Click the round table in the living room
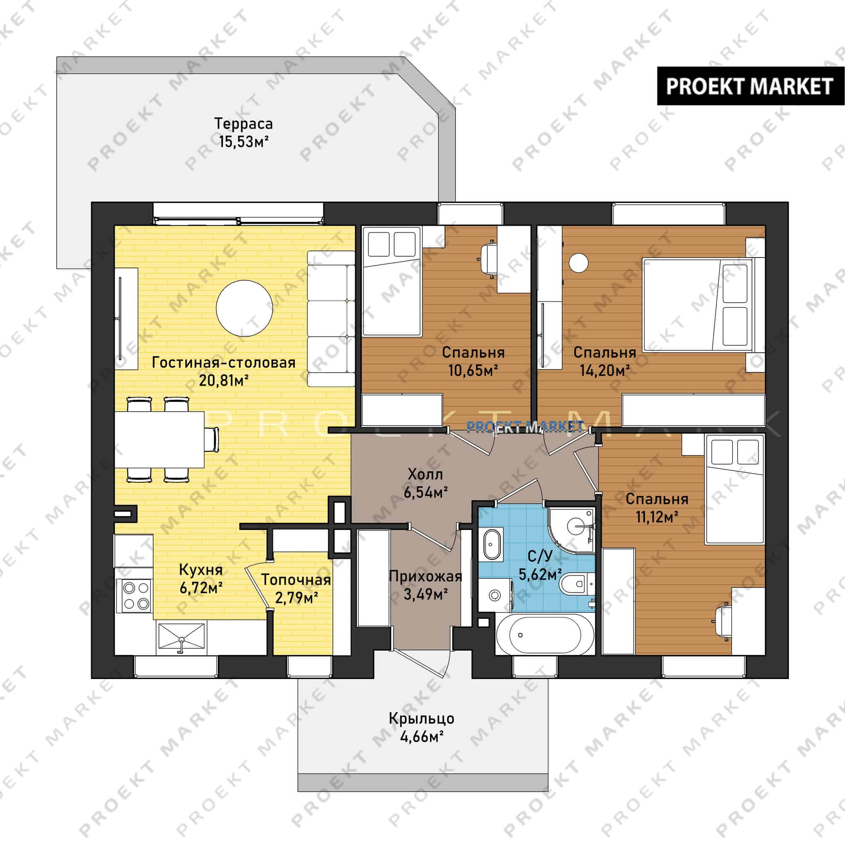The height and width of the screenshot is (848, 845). coord(245,308)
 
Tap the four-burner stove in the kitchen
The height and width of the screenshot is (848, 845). coord(135,595)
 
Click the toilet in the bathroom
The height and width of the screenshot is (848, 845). coord(577,583)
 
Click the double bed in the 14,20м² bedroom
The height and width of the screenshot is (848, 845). coord(698,305)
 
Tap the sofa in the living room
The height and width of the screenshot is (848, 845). coord(330,319)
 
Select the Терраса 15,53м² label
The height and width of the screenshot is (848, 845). coord(243,132)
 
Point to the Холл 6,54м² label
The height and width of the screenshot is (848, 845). coord(425,483)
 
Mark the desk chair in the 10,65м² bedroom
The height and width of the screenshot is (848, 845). coord(488,259)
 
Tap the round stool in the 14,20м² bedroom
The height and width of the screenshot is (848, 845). coord(578,263)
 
